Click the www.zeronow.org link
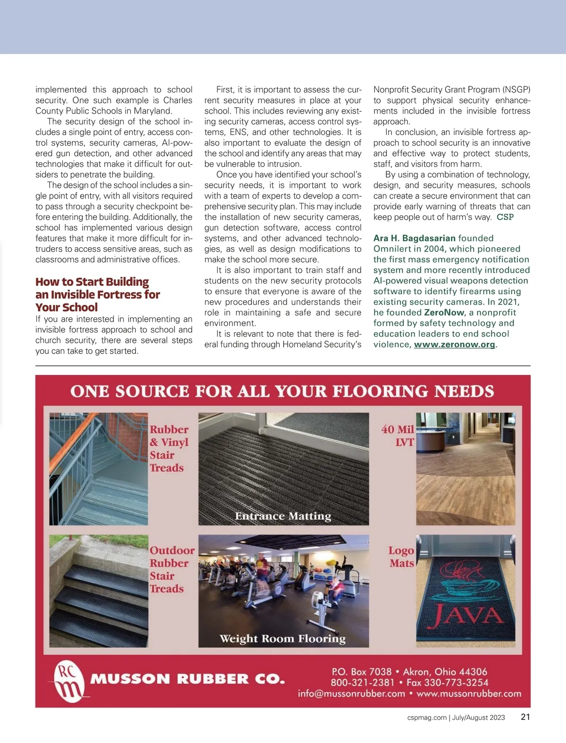pyautogui.click(x=454, y=344)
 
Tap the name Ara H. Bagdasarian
pyautogui.click(x=414, y=238)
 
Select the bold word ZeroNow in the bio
pyautogui.click(x=444, y=312)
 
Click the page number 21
pyautogui.click(x=525, y=717)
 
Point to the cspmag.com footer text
pyautogui.click(x=426, y=718)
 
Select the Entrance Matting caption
pyautogui.click(x=283, y=516)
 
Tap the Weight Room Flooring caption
pyautogui.click(x=283, y=639)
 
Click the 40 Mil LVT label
pyautogui.click(x=398, y=435)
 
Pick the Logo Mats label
pyautogui.click(x=401, y=557)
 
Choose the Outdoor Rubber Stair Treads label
pyautogui.click(x=172, y=569)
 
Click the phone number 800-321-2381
pyautogui.click(x=362, y=683)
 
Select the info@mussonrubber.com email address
pyautogui.click(x=351, y=694)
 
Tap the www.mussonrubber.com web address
pyautogui.click(x=469, y=694)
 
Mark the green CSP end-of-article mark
pyautogui.click(x=505, y=217)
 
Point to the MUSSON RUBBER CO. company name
pyautogui.click(x=188, y=679)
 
